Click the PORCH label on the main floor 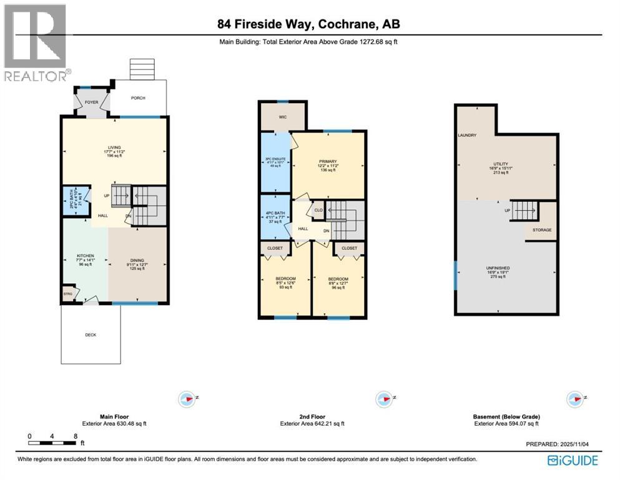pyautogui.click(x=137, y=97)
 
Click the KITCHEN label pyautogui.click(x=85, y=256)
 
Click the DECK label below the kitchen pyautogui.click(x=91, y=334)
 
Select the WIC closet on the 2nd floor pyautogui.click(x=282, y=116)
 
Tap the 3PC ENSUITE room pyautogui.click(x=275, y=159)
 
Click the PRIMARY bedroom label pyautogui.click(x=328, y=159)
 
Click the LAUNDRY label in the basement pyautogui.click(x=467, y=135)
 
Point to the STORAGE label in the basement pyautogui.click(x=541, y=230)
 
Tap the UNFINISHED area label pyautogui.click(x=506, y=269)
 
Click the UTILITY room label pyautogui.click(x=506, y=164)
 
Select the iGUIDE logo pyautogui.click(x=573, y=461)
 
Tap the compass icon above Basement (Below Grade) pyautogui.click(x=573, y=399)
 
